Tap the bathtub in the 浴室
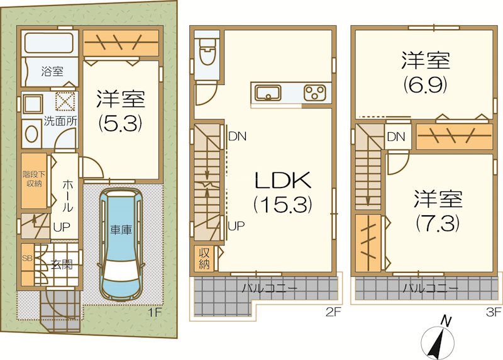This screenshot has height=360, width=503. (49, 43)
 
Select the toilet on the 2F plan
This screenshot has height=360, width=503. (207, 52)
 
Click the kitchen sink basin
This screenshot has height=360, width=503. (268, 93)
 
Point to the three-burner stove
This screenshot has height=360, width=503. (314, 93)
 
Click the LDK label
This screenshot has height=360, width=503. (282, 180)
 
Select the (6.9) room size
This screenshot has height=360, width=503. (425, 84)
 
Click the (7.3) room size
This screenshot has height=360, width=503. (438, 223)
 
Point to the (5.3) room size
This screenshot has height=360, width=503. (120, 123)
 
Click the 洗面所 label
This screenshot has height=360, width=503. (60, 121)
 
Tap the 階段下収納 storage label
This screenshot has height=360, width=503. (34, 179)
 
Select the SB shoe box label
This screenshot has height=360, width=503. (27, 258)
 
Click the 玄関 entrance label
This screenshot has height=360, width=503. (62, 264)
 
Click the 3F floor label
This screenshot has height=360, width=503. (494, 312)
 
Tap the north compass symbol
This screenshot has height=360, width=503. (438, 340)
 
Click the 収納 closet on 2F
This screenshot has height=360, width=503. (204, 259)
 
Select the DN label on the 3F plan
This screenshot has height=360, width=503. (396, 137)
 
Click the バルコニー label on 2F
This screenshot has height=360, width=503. (270, 288)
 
